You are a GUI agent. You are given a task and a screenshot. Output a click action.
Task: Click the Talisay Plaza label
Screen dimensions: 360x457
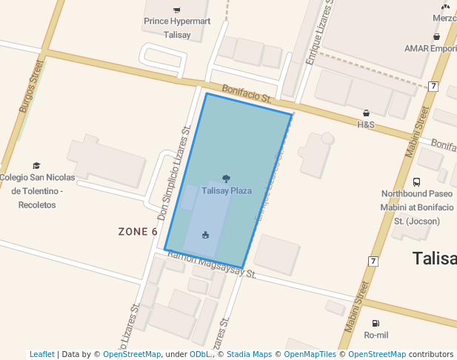(227, 191)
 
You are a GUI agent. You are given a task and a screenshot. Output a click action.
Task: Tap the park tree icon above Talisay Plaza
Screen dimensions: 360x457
(226, 179)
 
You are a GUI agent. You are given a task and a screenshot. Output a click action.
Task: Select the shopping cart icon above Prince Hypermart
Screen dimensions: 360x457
(176, 10)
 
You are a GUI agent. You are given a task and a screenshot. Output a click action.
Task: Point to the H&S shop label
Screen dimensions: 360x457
(366, 125)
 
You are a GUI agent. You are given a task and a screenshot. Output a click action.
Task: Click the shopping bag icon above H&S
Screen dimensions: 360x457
(366, 113)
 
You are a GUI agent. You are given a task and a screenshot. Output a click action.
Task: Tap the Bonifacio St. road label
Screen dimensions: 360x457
(248, 93)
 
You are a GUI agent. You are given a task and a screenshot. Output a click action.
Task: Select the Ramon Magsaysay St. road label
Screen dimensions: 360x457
(212, 265)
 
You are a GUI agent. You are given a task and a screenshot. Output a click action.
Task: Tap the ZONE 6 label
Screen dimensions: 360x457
(138, 232)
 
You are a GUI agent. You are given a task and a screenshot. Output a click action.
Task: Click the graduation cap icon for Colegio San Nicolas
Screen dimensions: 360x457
(36, 165)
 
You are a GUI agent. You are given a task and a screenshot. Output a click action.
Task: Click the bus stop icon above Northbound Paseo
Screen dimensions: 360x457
(416, 181)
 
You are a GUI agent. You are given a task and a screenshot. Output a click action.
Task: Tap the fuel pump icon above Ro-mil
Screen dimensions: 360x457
(376, 323)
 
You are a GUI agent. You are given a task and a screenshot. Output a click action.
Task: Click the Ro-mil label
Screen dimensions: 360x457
(376, 336)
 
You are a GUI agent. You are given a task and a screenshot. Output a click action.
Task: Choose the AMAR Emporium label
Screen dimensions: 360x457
(430, 48)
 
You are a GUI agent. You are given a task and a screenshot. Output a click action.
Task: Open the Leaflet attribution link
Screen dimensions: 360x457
(42, 354)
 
